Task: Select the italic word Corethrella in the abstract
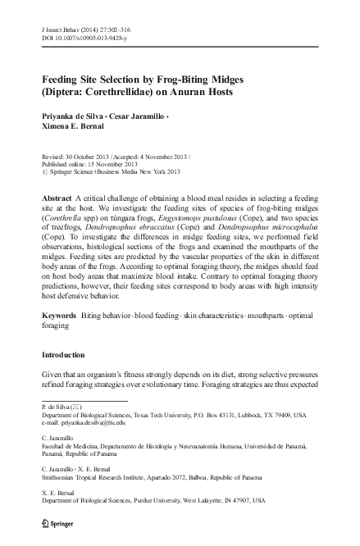[71, 233]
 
